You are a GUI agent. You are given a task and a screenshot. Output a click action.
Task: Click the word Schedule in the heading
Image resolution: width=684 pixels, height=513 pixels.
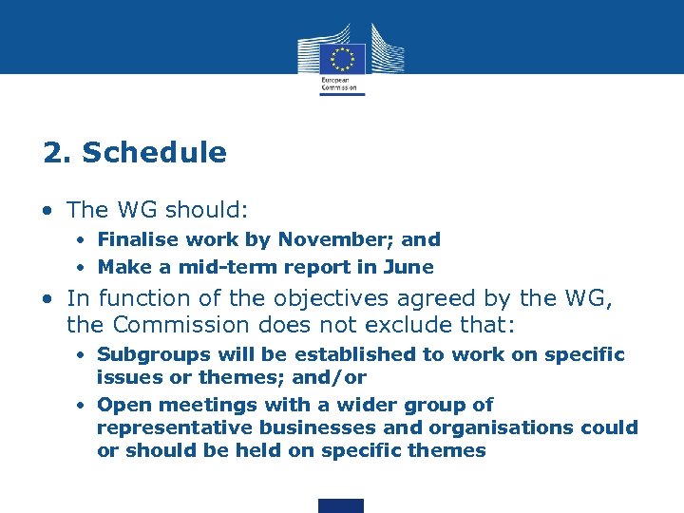pos(155,153)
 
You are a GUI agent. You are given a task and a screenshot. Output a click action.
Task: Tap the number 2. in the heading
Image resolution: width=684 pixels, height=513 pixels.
pos(56,153)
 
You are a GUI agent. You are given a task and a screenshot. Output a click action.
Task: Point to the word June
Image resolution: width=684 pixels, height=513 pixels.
pos(411,267)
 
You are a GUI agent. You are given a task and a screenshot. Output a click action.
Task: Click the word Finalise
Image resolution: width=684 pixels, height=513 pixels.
pos(134,240)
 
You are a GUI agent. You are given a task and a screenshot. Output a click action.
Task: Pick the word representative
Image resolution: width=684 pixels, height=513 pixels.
pos(161,427)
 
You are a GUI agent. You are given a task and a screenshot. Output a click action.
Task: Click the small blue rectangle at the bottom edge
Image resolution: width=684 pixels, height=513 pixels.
pos(341,505)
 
